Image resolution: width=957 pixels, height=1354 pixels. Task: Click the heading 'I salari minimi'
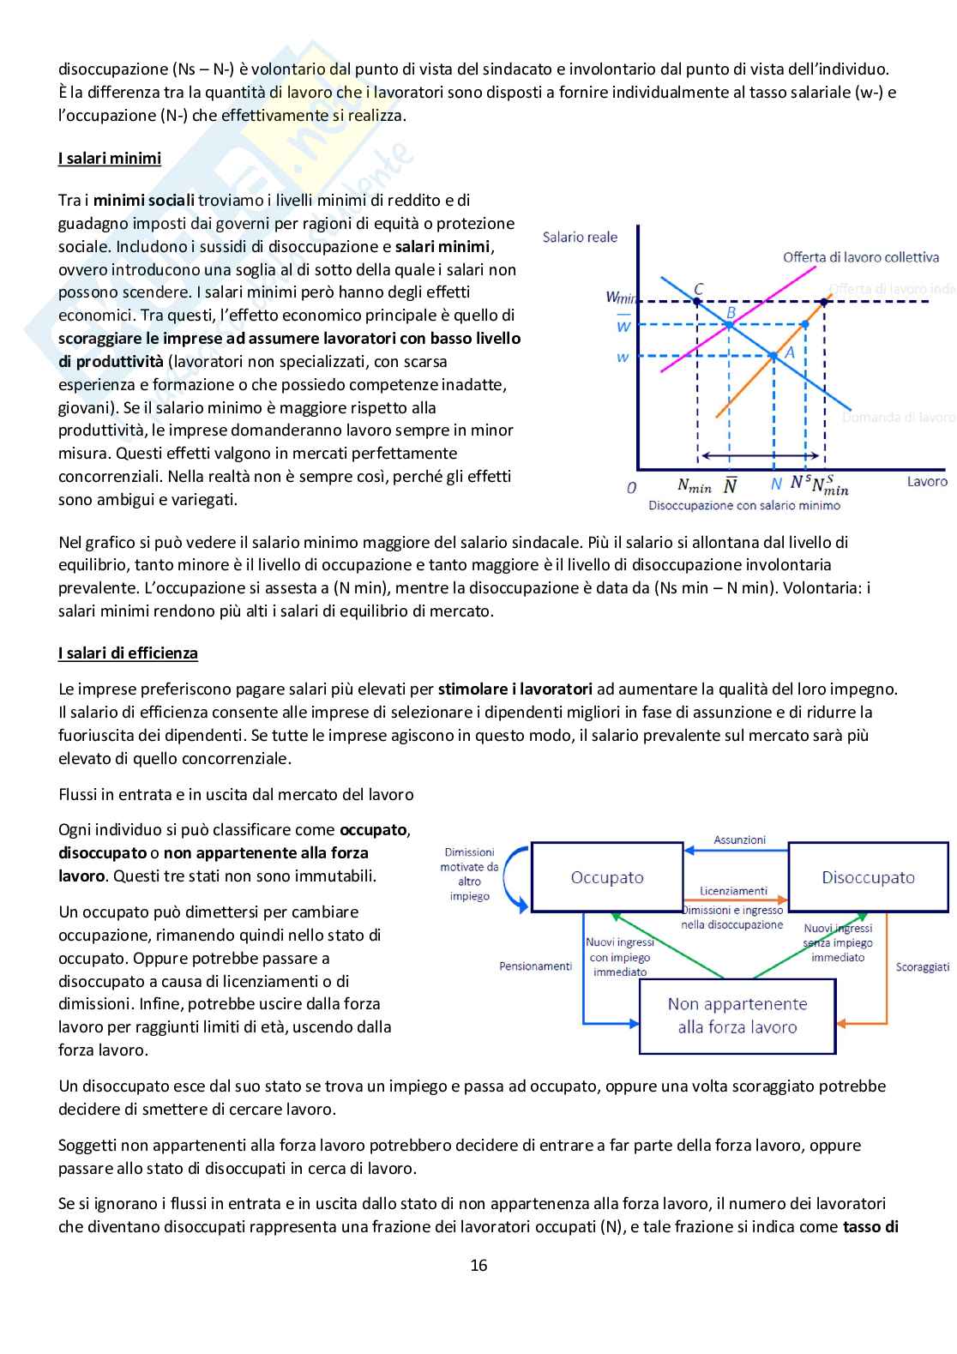click(110, 159)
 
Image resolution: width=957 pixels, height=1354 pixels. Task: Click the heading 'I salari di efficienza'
click(128, 653)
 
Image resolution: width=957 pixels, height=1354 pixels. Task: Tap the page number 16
click(478, 1265)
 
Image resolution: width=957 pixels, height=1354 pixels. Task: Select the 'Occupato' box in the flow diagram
click(607, 877)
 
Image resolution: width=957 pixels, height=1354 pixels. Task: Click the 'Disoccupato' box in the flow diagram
click(868, 877)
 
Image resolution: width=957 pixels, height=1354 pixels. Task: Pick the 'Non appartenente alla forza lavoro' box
click(737, 1015)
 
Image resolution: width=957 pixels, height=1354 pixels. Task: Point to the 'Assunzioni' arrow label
click(739, 840)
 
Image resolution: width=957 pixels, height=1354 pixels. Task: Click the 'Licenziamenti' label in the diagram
click(733, 891)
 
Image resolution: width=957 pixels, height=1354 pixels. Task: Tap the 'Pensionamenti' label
click(535, 966)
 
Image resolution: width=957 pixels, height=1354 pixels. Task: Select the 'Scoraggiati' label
click(923, 967)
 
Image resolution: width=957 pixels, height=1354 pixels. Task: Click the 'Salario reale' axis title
click(580, 238)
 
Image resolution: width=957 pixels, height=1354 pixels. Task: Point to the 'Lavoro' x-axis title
click(927, 482)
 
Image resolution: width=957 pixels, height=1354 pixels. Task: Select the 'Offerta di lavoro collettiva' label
click(860, 257)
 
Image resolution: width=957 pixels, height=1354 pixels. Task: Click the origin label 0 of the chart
click(632, 488)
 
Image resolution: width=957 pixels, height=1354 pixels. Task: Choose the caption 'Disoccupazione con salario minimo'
click(744, 506)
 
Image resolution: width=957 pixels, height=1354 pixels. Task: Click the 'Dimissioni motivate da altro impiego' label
click(469, 874)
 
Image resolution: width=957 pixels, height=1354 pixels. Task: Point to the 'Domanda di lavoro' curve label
click(899, 418)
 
